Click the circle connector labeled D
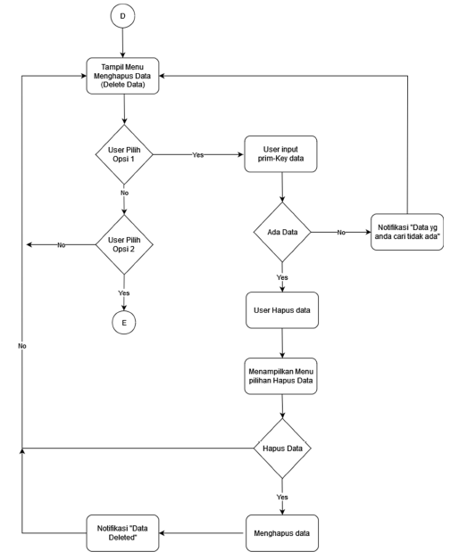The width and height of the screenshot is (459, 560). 124,17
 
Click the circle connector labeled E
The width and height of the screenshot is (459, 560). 124,323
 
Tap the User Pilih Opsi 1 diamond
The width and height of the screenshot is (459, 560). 124,154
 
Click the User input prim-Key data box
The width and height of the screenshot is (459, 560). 282,154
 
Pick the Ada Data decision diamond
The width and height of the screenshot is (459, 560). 282,232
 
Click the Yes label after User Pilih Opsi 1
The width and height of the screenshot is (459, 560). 198,154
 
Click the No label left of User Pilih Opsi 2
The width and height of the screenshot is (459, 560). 61,244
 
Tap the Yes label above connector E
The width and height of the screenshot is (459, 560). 124,292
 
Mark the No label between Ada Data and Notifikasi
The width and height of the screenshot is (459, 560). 342,232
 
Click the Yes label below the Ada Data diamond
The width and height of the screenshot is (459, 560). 282,277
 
